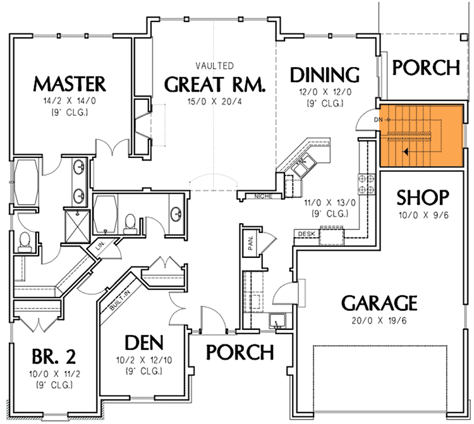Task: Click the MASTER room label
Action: [70, 83]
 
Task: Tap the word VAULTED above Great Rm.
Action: [214, 66]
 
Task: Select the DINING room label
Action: [324, 75]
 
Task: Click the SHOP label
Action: [423, 198]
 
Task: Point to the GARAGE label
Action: [379, 303]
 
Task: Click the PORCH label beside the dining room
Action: [423, 67]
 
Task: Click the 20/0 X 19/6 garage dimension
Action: [379, 320]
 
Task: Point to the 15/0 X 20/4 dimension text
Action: [214, 100]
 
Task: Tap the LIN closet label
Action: [100, 245]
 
